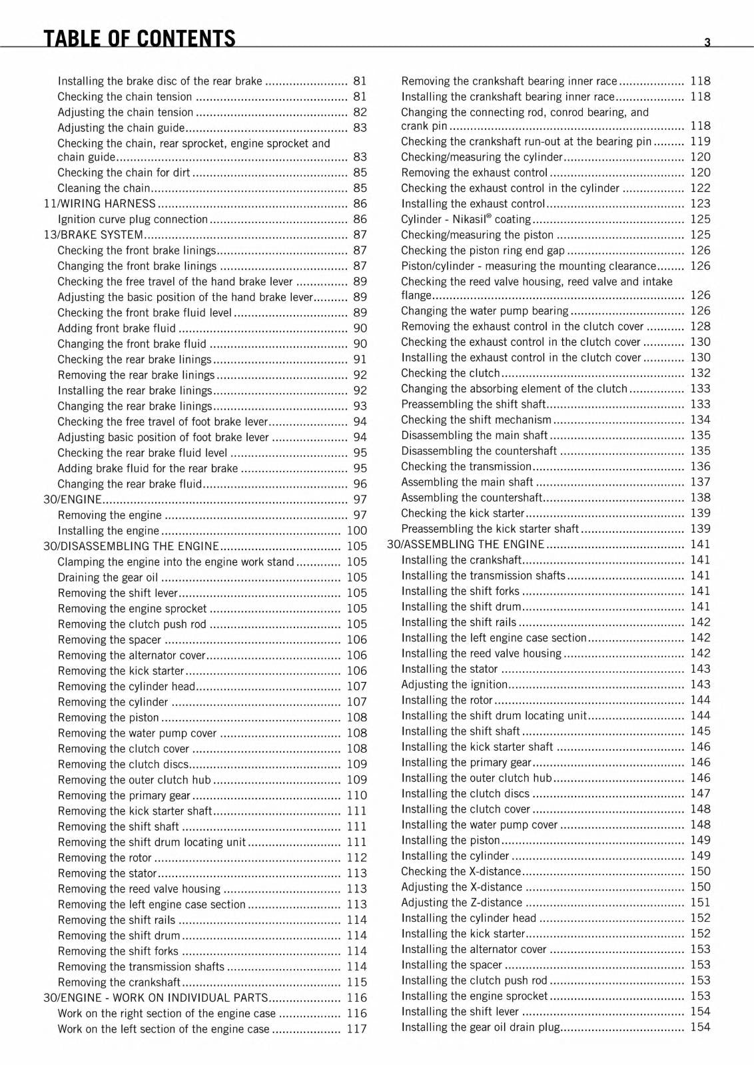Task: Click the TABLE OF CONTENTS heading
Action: pos(139,38)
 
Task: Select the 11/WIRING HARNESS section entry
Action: pos(100,204)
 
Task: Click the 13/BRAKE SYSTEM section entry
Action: pos(94,235)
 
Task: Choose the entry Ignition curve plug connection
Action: pos(133,219)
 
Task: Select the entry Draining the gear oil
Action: pos(109,577)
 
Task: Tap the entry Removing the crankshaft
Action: pos(119,982)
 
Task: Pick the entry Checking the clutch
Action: pos(450,374)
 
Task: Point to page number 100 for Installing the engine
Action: pos(356,531)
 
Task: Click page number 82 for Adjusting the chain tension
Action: pos(360,113)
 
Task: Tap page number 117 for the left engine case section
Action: pos(356,1029)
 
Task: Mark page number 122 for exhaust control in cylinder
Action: pos(700,188)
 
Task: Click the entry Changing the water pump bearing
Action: pos(485,311)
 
